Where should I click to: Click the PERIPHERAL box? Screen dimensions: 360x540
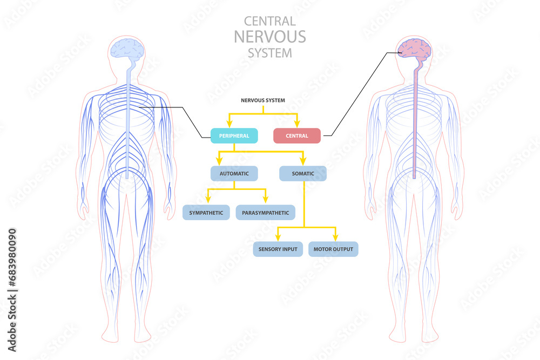point(234,136)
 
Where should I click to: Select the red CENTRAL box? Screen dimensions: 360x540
point(297,136)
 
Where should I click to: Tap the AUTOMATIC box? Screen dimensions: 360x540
point(234,173)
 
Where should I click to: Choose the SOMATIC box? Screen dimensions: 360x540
point(303,173)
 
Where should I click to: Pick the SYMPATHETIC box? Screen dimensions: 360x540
point(206,213)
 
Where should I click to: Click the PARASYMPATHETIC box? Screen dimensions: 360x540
point(265,213)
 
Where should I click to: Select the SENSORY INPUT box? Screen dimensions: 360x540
point(278,249)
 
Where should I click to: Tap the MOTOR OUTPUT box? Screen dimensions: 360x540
point(333,249)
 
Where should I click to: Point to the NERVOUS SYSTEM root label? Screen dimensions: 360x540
point(263,100)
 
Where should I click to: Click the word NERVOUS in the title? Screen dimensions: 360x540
point(270,37)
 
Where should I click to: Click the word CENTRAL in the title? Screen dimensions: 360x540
point(270,21)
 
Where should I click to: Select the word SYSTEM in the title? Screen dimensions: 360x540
point(270,53)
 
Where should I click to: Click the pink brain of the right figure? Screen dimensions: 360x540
point(414,49)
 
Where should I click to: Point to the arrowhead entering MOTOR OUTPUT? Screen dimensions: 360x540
point(335,238)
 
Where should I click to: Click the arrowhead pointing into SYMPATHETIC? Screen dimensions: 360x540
point(207,201)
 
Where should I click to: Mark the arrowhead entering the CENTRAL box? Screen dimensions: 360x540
point(298,125)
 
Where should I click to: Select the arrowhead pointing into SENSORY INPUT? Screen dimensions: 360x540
point(278,238)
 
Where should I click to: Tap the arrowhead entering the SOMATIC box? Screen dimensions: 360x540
point(303,162)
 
